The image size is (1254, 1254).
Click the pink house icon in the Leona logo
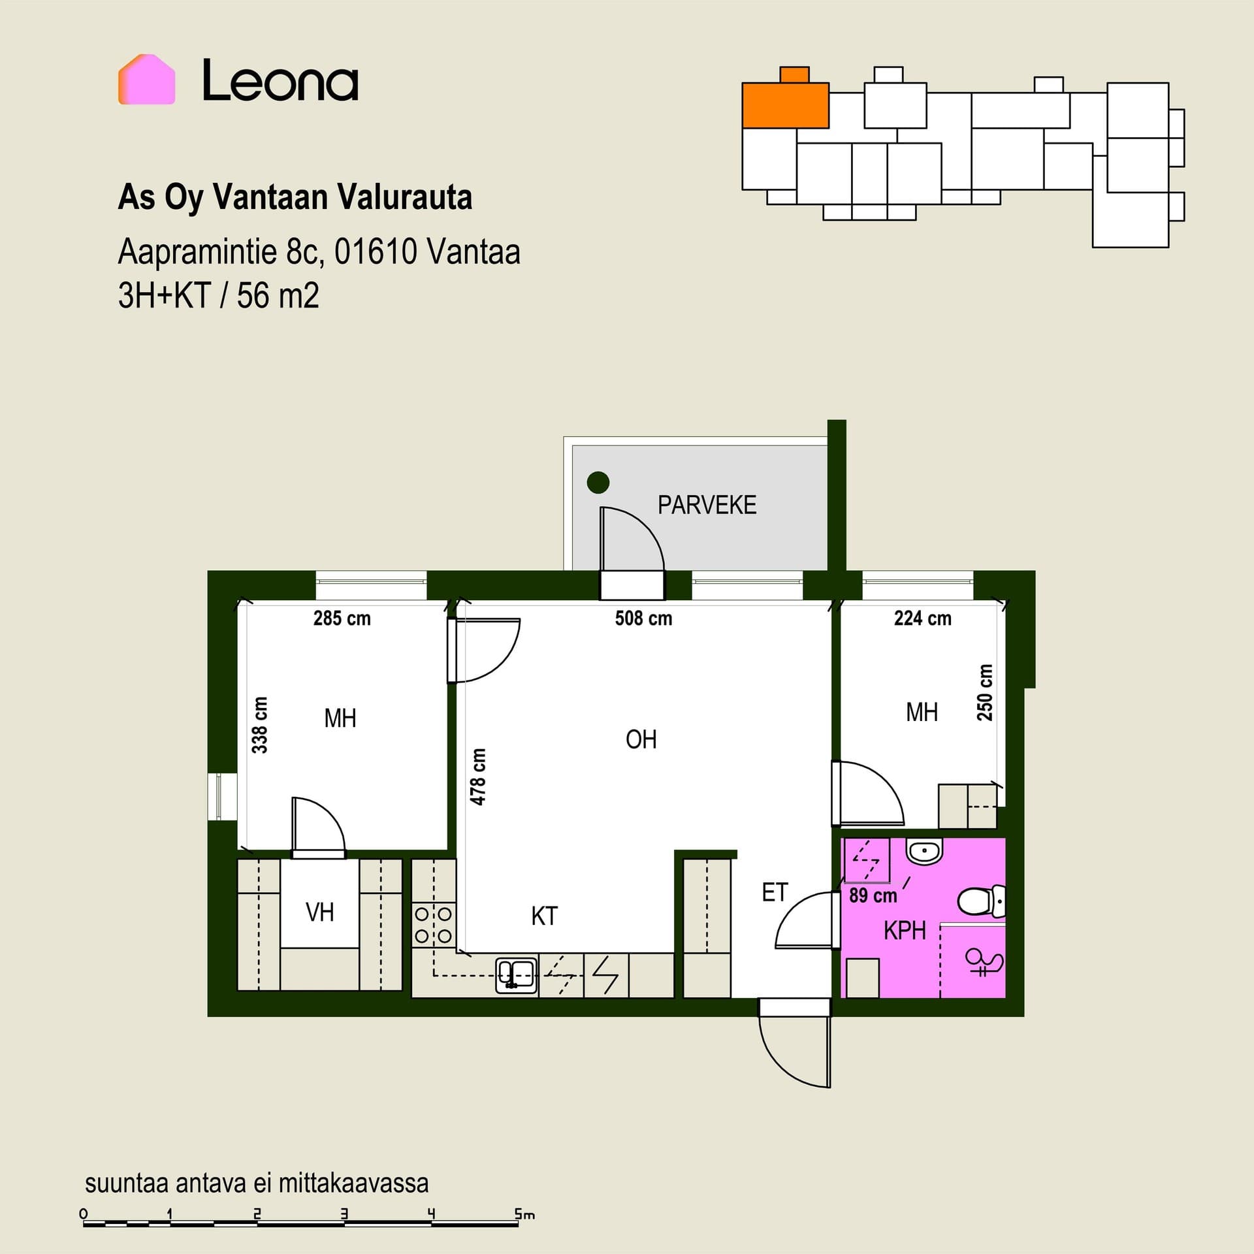pyautogui.click(x=146, y=79)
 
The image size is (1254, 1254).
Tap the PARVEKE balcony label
pyautogui.click(x=707, y=505)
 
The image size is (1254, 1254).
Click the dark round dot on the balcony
pyautogui.click(x=598, y=483)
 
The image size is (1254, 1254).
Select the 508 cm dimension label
pyautogui.click(x=643, y=618)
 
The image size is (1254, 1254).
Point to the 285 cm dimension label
pyautogui.click(x=342, y=618)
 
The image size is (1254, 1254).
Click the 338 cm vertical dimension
pyautogui.click(x=260, y=724)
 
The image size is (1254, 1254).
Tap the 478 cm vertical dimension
pyautogui.click(x=478, y=777)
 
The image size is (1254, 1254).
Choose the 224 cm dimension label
pyautogui.click(x=922, y=618)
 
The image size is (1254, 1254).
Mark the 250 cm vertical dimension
pyautogui.click(x=985, y=692)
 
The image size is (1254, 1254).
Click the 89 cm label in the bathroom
pyautogui.click(x=873, y=895)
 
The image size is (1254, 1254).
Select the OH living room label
pyautogui.click(x=641, y=739)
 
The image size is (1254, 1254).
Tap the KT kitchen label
pyautogui.click(x=544, y=916)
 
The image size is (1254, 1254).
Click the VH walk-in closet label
pyautogui.click(x=319, y=912)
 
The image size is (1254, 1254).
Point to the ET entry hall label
pyautogui.click(x=775, y=892)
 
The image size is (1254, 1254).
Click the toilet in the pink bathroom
pyautogui.click(x=982, y=901)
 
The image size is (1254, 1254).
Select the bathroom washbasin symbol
pyautogui.click(x=924, y=851)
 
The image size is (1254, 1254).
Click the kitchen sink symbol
pyautogui.click(x=516, y=976)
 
